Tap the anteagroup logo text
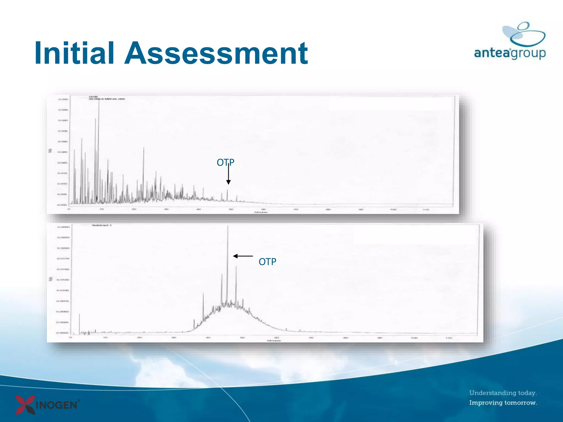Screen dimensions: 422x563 [x=510, y=53]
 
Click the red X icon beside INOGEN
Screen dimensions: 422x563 [x=25, y=404]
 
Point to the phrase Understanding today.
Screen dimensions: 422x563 [x=503, y=393]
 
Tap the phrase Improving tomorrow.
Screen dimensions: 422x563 [x=503, y=403]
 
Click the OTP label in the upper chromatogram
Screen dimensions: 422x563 [x=225, y=162]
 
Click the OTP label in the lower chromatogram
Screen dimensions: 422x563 [x=267, y=262]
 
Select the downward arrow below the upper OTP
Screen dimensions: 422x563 [x=228, y=174]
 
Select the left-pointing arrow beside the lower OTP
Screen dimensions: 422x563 [x=242, y=256]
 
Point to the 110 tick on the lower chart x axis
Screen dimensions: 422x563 [x=448, y=338]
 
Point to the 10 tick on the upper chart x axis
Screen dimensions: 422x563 [x=101, y=209]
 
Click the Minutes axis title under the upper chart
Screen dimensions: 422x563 [x=261, y=212]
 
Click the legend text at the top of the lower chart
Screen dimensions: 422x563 [x=101, y=225]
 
